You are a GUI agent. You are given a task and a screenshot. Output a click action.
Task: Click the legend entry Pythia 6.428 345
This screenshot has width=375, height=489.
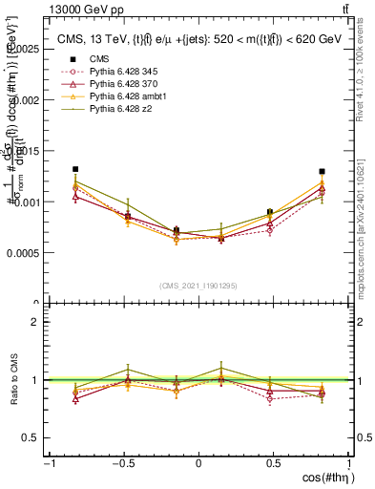(120, 72)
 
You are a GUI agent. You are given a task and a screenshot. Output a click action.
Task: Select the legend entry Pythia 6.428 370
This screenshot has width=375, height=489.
(120, 85)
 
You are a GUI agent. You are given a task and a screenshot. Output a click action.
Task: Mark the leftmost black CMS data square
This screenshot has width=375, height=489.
(75, 169)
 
